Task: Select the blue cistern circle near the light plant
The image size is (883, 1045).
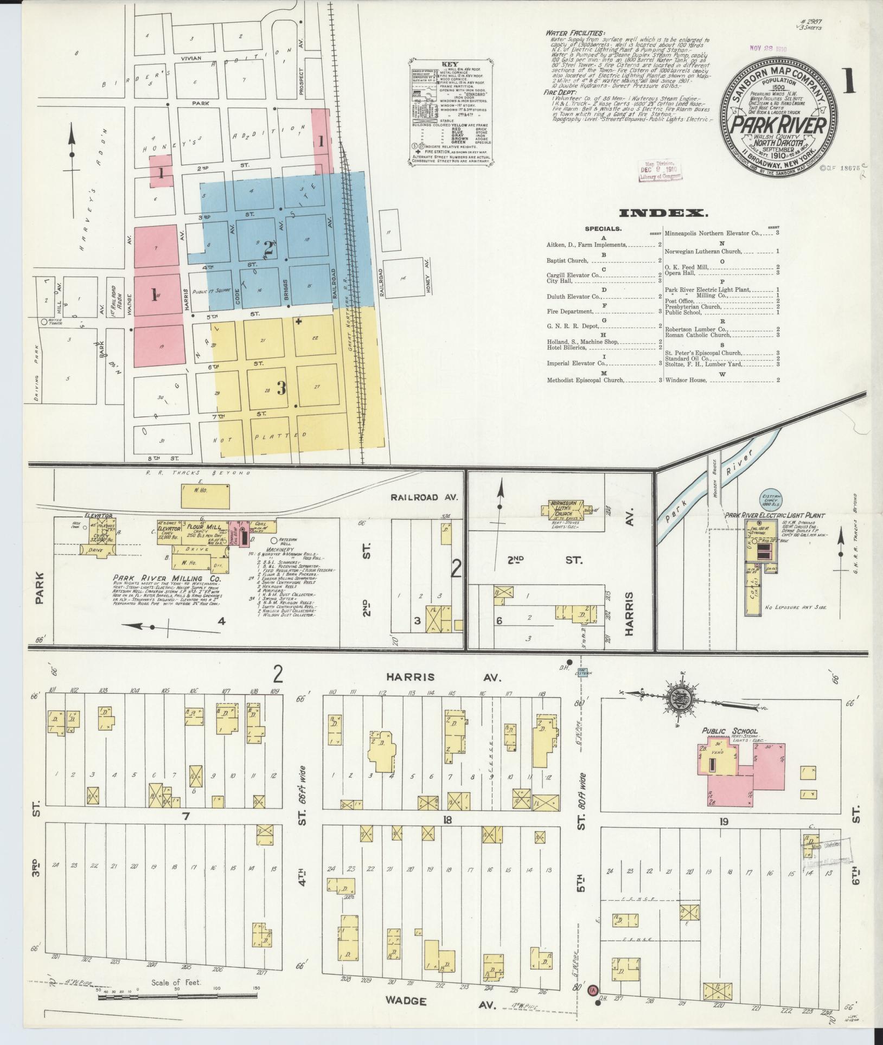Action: [x=772, y=499]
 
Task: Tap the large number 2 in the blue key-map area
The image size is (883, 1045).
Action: [x=267, y=249]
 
